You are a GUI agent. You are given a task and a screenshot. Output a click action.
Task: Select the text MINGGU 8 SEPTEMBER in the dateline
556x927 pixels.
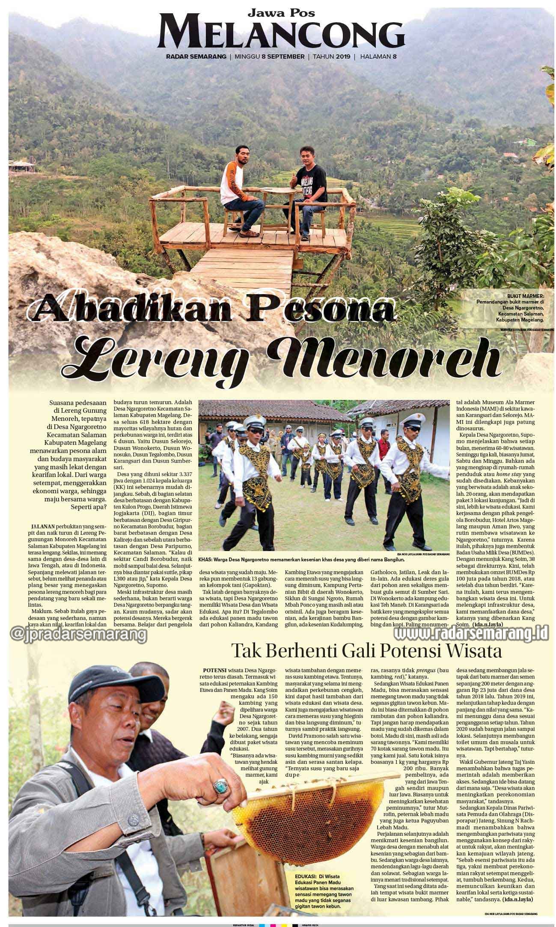pos(269,57)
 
